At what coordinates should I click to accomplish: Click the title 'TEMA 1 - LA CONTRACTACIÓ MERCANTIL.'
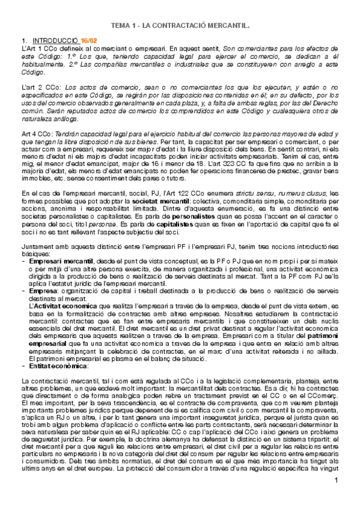coord(180,27)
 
